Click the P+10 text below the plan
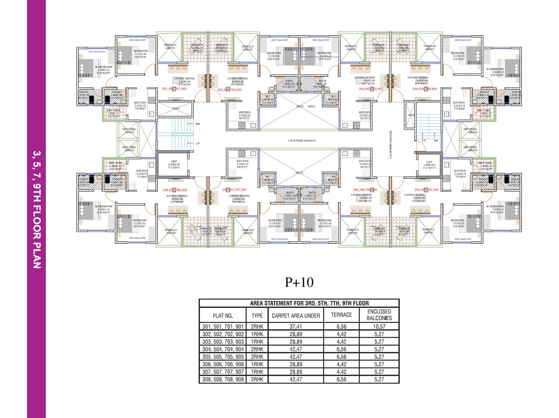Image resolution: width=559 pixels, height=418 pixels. (299, 283)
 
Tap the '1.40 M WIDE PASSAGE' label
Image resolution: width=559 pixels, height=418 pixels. (301, 141)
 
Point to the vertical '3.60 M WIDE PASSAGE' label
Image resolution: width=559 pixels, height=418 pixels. (391, 144)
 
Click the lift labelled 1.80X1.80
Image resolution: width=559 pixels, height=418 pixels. (429, 165)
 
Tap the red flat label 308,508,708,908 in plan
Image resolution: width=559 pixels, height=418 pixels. (175, 190)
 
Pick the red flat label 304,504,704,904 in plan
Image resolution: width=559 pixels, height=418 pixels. (424, 89)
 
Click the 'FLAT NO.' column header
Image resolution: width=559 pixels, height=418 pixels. (223, 316)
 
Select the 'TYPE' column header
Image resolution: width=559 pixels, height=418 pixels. (257, 316)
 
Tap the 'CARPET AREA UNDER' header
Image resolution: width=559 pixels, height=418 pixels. (296, 316)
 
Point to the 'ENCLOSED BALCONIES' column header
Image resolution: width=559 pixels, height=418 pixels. (379, 315)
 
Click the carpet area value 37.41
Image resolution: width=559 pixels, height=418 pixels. (296, 326)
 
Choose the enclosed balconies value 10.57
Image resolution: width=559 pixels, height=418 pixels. (379, 326)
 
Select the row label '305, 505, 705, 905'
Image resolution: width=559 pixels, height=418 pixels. (223, 357)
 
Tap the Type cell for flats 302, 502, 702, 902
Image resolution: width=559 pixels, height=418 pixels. (257, 334)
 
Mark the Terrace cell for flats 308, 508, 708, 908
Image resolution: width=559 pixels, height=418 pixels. (341, 379)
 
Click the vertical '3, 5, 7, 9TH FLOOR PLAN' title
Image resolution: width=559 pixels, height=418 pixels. (36, 209)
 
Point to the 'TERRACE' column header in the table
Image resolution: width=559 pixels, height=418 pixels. (341, 315)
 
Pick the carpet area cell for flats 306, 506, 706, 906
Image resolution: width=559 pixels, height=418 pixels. (296, 364)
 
